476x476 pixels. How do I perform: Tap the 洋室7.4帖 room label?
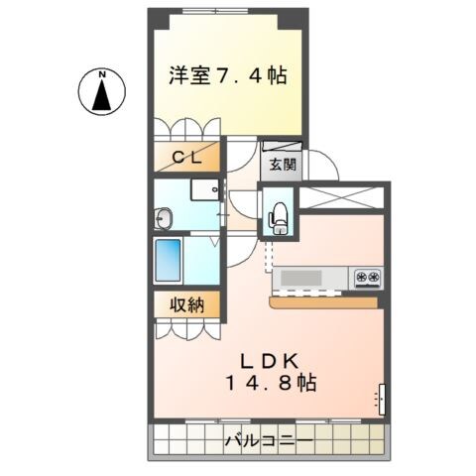pos(227,74)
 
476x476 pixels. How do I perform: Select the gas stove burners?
pos(368,277)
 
